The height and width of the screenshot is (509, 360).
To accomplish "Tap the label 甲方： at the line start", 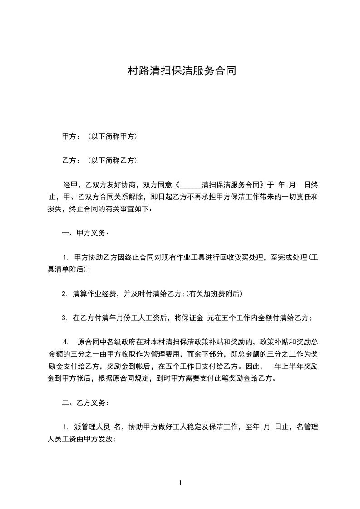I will click(x=71, y=136).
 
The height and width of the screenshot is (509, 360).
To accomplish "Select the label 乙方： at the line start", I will click(x=71, y=161).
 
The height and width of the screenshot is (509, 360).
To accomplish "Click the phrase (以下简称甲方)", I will click(x=113, y=136).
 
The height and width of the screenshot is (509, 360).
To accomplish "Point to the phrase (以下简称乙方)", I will click(x=113, y=161).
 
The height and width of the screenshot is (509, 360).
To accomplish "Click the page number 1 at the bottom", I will click(x=180, y=483).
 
